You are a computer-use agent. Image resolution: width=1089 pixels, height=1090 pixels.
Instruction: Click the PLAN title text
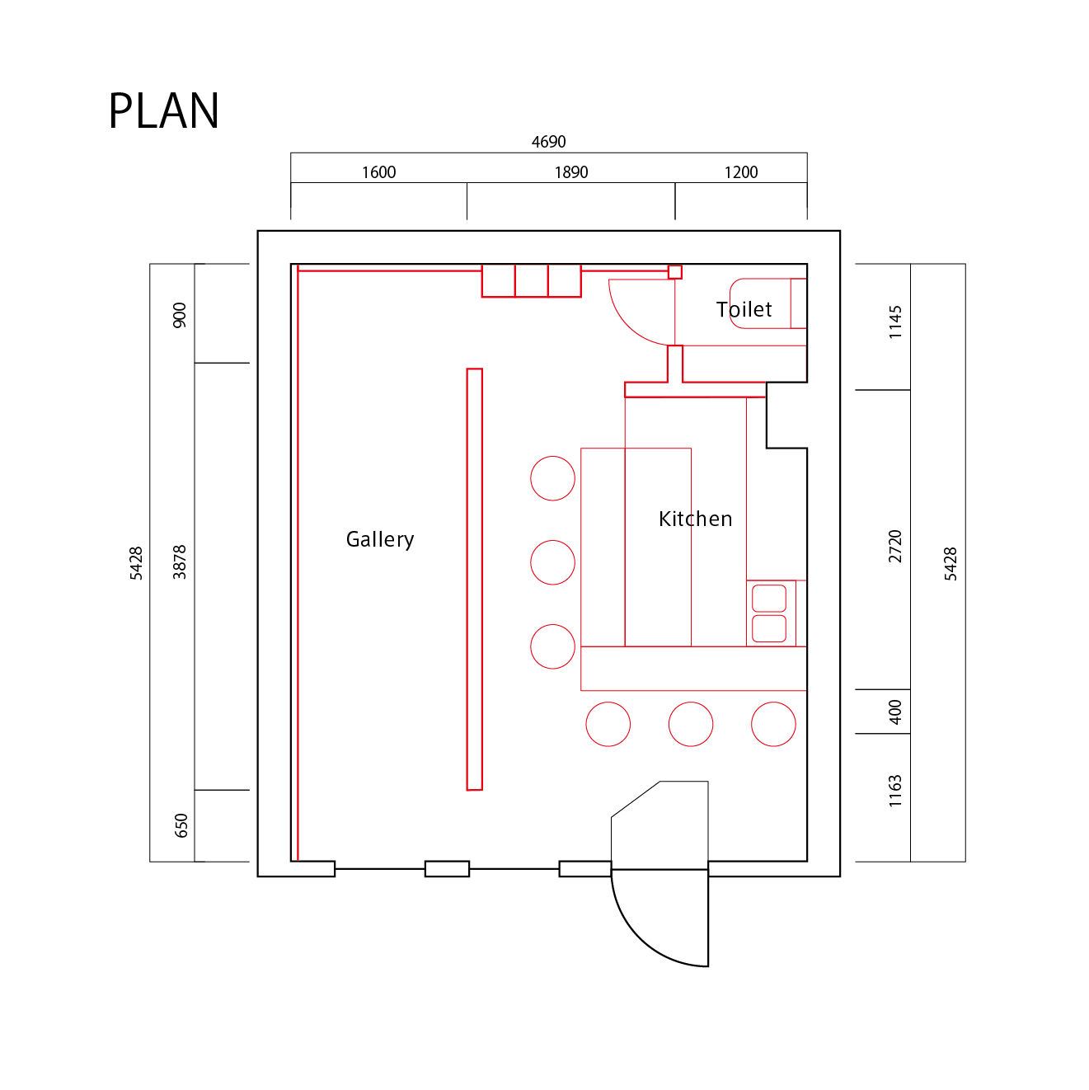(x=164, y=111)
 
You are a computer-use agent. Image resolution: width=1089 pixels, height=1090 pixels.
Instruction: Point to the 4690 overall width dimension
(x=548, y=142)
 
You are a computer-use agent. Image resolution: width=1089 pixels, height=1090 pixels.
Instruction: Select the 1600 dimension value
(x=378, y=172)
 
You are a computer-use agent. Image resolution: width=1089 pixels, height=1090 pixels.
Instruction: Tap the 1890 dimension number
(x=570, y=172)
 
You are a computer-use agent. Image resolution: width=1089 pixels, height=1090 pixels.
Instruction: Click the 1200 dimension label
(x=740, y=172)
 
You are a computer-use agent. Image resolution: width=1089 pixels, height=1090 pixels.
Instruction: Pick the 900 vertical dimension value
(x=180, y=315)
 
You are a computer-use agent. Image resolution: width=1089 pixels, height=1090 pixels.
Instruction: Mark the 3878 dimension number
(x=180, y=562)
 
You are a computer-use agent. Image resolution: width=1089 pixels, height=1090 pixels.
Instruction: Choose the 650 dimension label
(x=181, y=825)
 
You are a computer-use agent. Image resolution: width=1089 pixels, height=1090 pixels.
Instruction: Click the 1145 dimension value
(x=895, y=322)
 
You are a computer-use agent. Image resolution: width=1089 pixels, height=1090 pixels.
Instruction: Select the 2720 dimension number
(x=895, y=547)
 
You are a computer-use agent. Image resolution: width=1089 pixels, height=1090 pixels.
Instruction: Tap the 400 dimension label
(x=895, y=712)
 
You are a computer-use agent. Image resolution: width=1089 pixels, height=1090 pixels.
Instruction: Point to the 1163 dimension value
(x=895, y=791)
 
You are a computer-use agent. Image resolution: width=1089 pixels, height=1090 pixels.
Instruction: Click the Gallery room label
(x=380, y=539)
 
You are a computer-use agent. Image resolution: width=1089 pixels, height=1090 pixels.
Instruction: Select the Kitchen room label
(x=695, y=519)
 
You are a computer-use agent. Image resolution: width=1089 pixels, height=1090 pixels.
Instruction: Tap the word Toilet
(x=744, y=309)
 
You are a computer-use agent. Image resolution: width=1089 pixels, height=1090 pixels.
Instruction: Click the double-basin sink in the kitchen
(x=769, y=613)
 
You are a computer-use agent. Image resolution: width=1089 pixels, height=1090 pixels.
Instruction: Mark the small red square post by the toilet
(x=675, y=272)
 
